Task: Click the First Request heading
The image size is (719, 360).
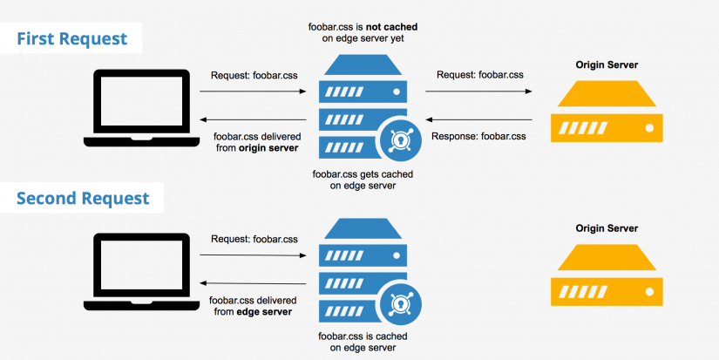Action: [x=71, y=38]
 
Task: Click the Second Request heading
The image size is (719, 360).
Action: [x=82, y=198]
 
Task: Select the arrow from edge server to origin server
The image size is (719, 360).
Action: [x=478, y=91]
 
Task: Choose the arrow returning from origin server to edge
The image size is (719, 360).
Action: [x=478, y=119]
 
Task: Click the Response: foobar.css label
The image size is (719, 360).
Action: [x=478, y=136]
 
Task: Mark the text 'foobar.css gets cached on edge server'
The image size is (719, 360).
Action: [x=363, y=180]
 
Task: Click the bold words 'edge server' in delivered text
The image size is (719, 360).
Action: [x=264, y=311]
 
